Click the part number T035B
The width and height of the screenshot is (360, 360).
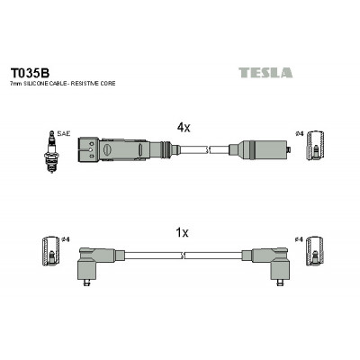[x=30, y=73]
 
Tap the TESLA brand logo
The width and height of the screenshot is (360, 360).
[x=265, y=73]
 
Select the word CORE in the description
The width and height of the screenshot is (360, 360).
[x=108, y=84]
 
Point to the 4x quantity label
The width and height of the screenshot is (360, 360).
[x=184, y=128]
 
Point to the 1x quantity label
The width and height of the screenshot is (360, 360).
[x=182, y=232]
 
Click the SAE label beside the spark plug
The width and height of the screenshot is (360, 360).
[x=63, y=134]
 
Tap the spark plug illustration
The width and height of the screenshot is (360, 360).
[x=52, y=151]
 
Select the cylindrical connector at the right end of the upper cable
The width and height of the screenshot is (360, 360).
[x=258, y=149]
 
